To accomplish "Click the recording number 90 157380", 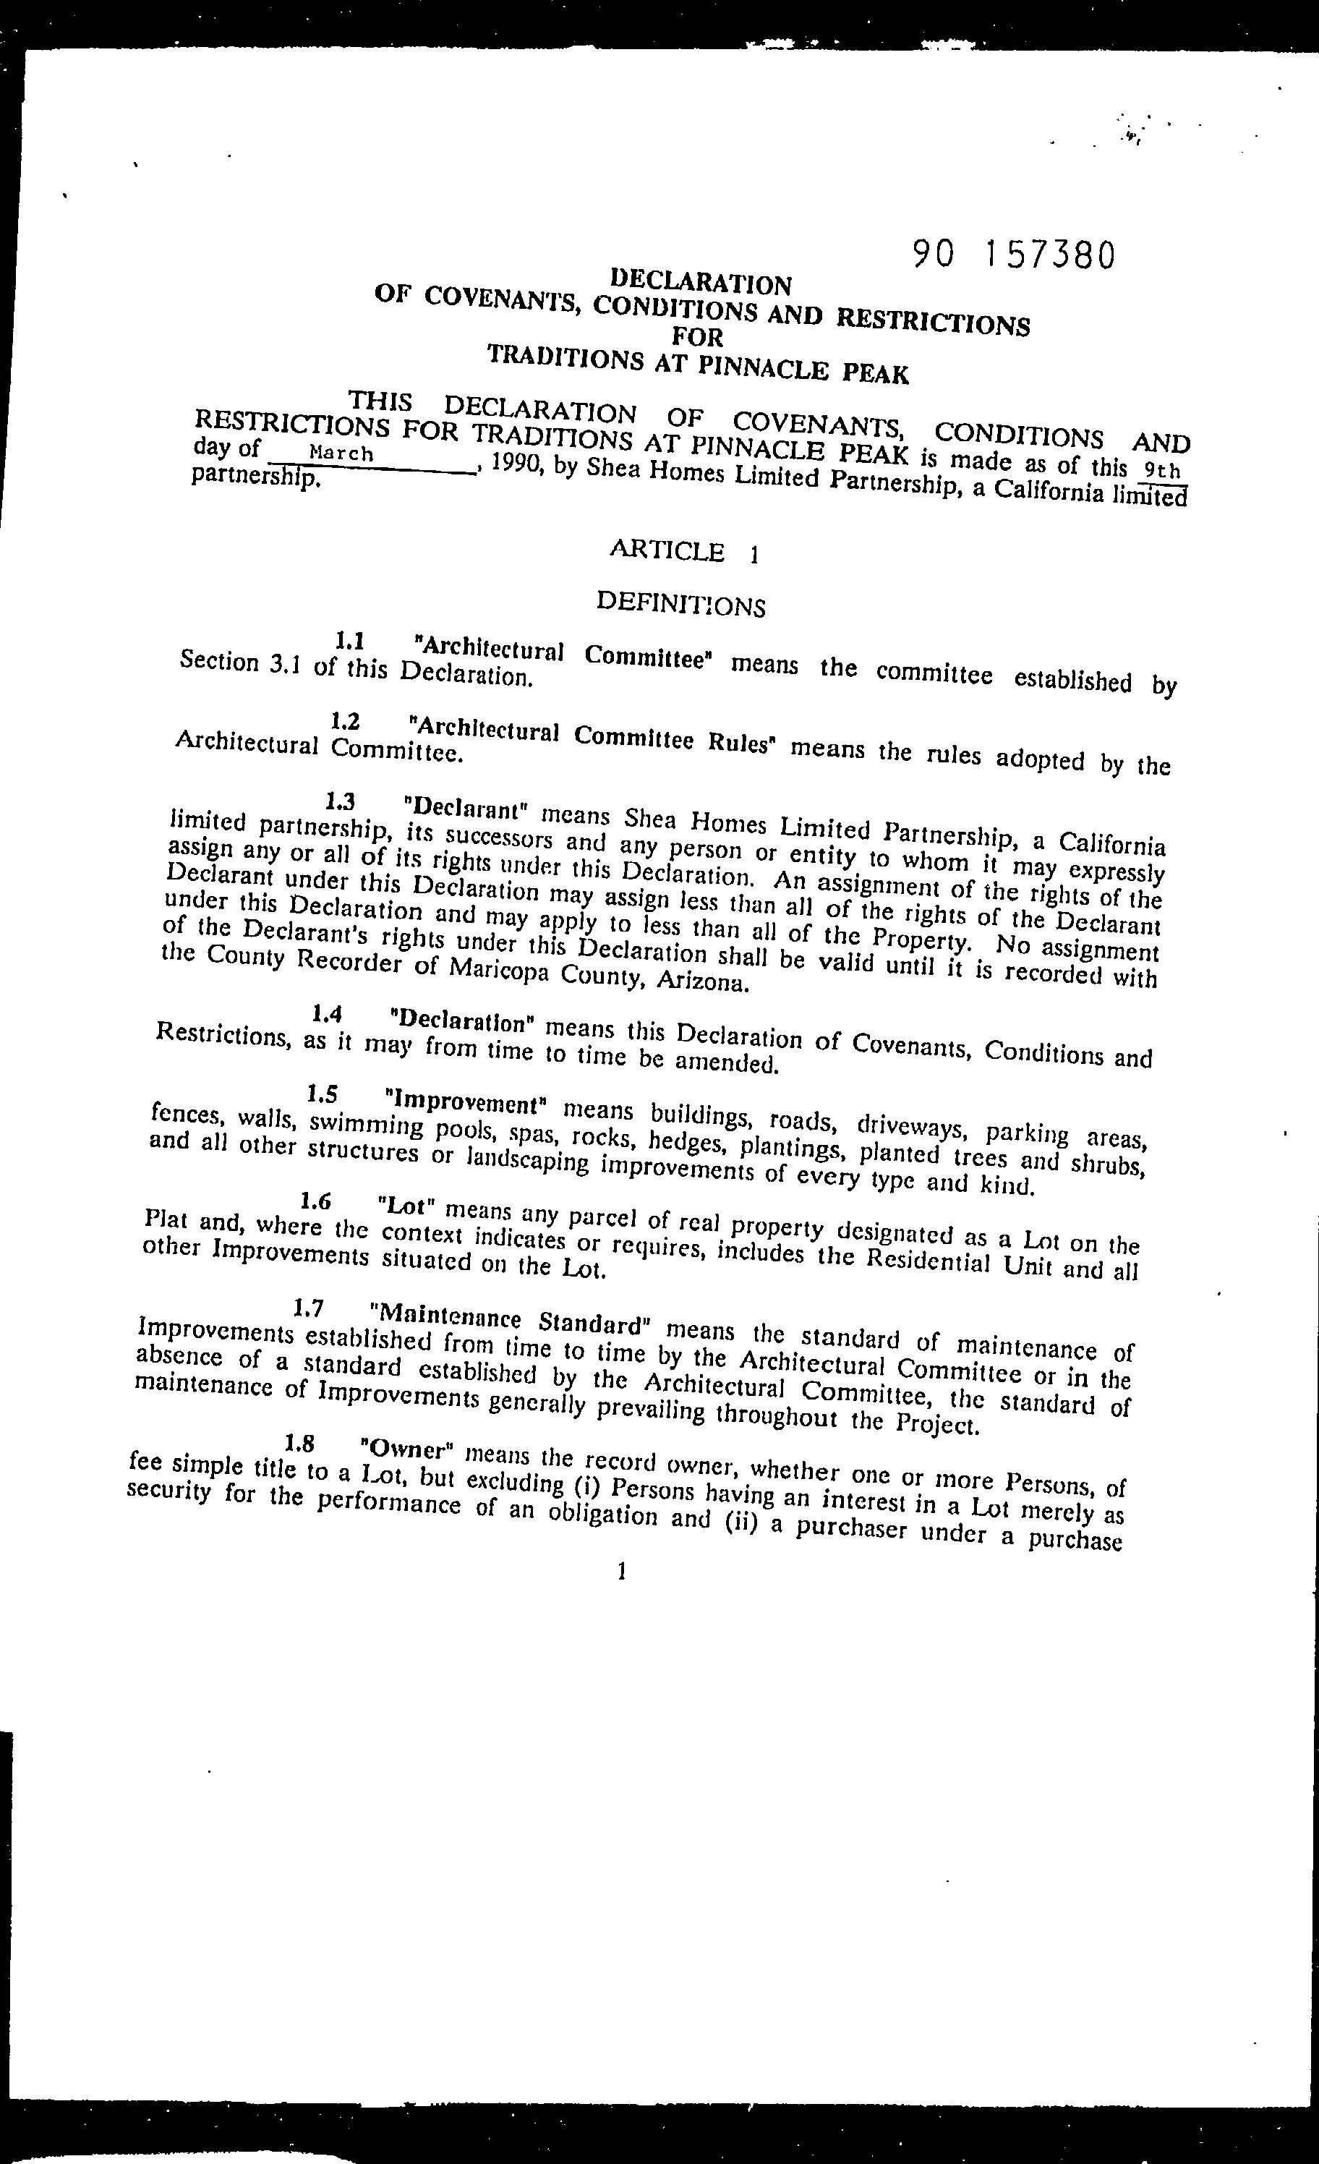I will [1013, 255].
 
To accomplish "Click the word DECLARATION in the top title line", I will [701, 282].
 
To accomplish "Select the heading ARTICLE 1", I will [683, 552].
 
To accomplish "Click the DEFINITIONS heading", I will [680, 605].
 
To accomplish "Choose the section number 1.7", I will [310, 1308].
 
